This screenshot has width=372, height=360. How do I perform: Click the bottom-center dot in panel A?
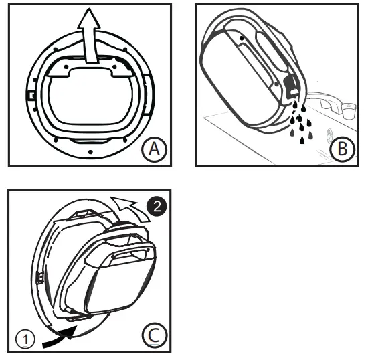(x=89, y=152)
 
